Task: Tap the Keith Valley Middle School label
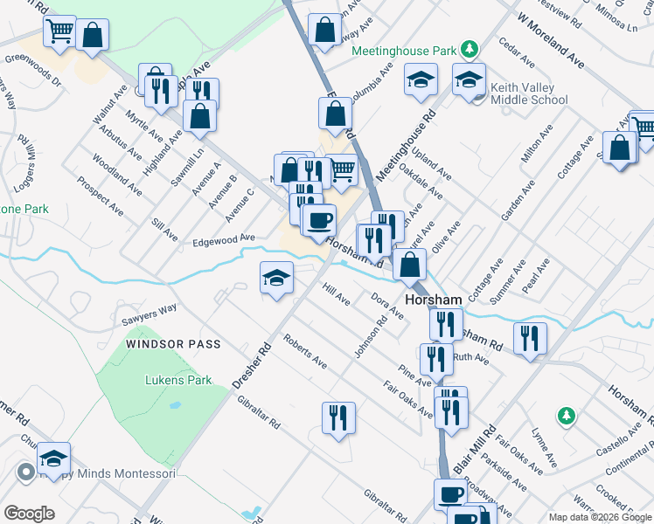(x=529, y=93)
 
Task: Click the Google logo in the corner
(x=29, y=514)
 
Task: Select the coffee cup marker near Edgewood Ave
(x=319, y=220)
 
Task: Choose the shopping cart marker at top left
(x=60, y=32)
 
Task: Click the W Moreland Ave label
(x=550, y=40)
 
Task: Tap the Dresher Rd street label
(x=253, y=364)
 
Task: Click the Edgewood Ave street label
(x=223, y=238)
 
